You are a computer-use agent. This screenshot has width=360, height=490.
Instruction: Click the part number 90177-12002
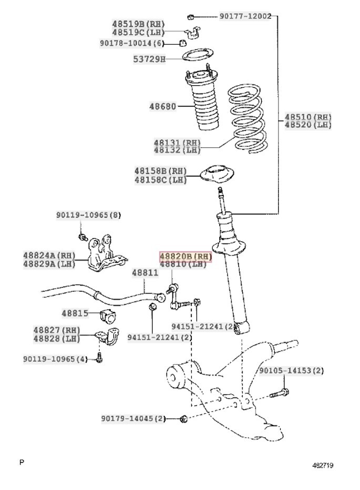(245, 16)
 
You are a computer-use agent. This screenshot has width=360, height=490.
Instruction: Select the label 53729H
(149, 59)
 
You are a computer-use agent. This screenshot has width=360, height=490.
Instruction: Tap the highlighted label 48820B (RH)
(186, 257)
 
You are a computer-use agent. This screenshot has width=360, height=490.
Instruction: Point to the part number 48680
(162, 107)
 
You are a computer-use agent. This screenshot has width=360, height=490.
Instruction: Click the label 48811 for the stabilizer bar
(145, 273)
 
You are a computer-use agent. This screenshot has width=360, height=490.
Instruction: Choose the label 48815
(75, 313)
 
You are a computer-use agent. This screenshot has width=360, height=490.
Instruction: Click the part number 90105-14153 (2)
(291, 371)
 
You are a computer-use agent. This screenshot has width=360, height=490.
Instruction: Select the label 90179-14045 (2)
(133, 418)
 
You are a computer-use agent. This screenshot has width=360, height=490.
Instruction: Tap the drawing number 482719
(323, 465)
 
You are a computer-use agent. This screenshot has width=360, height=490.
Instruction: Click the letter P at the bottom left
(22, 462)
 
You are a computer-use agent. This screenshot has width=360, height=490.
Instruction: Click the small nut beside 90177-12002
(191, 16)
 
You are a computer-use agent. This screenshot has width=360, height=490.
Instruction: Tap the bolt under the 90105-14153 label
(279, 393)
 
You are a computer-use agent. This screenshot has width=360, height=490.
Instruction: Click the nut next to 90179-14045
(184, 418)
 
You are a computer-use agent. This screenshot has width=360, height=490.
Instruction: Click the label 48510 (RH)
(308, 117)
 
